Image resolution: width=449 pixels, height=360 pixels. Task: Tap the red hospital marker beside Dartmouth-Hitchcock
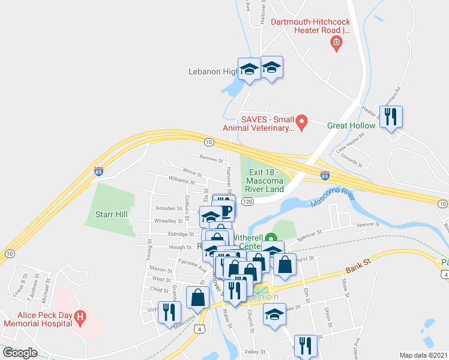336,42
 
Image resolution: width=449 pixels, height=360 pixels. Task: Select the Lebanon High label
214,72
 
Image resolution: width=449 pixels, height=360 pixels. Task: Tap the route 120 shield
247,202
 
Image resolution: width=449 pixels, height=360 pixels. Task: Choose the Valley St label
255,352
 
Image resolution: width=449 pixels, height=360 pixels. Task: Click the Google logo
20,353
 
